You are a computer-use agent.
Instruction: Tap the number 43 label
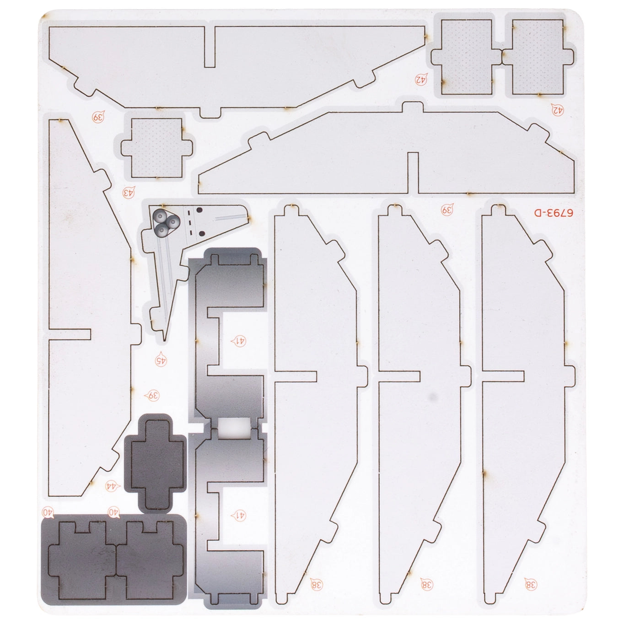(x=128, y=192)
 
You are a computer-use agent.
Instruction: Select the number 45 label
(x=161, y=360)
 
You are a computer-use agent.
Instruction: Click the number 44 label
(x=113, y=495)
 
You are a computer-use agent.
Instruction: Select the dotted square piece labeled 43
(x=157, y=148)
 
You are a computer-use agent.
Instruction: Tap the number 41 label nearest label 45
(x=238, y=341)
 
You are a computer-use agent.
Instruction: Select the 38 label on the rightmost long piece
(x=531, y=585)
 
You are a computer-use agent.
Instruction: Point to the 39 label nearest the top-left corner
(x=99, y=116)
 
